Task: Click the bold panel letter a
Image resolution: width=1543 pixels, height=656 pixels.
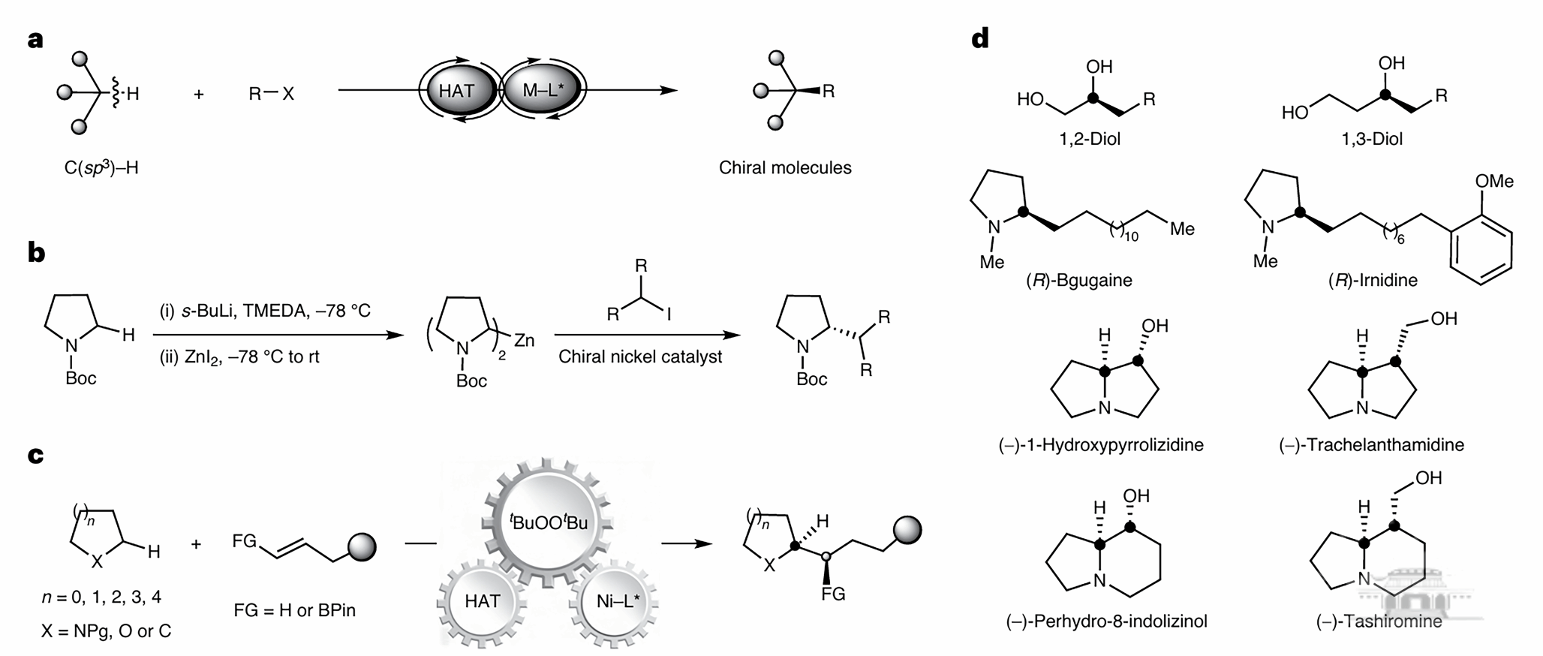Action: (x=35, y=40)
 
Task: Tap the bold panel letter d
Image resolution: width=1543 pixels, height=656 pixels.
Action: (x=979, y=38)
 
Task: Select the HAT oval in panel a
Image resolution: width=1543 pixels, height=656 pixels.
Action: (x=456, y=91)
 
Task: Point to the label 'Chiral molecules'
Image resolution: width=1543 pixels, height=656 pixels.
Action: (x=784, y=167)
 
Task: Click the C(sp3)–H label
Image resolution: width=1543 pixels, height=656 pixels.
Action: (x=101, y=167)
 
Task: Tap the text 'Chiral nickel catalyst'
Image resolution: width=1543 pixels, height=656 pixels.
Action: (x=640, y=357)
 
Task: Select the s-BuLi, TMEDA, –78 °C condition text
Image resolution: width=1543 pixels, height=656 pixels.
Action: (x=265, y=311)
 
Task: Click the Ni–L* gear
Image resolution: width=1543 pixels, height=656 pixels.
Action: (x=613, y=601)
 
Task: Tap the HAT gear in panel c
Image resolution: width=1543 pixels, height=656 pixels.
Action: (x=482, y=601)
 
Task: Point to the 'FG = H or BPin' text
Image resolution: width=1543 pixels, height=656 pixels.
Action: (x=295, y=609)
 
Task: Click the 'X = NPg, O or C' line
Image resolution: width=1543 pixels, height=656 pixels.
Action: (x=106, y=631)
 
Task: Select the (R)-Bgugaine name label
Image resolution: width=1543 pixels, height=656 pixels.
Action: (x=1079, y=280)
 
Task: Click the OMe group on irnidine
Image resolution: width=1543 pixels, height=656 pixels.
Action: (x=1493, y=182)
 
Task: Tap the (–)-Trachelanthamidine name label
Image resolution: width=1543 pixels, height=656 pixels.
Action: (x=1371, y=444)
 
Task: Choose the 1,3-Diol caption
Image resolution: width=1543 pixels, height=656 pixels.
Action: (x=1372, y=139)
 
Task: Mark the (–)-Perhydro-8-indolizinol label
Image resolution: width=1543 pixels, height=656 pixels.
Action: (x=1106, y=621)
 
